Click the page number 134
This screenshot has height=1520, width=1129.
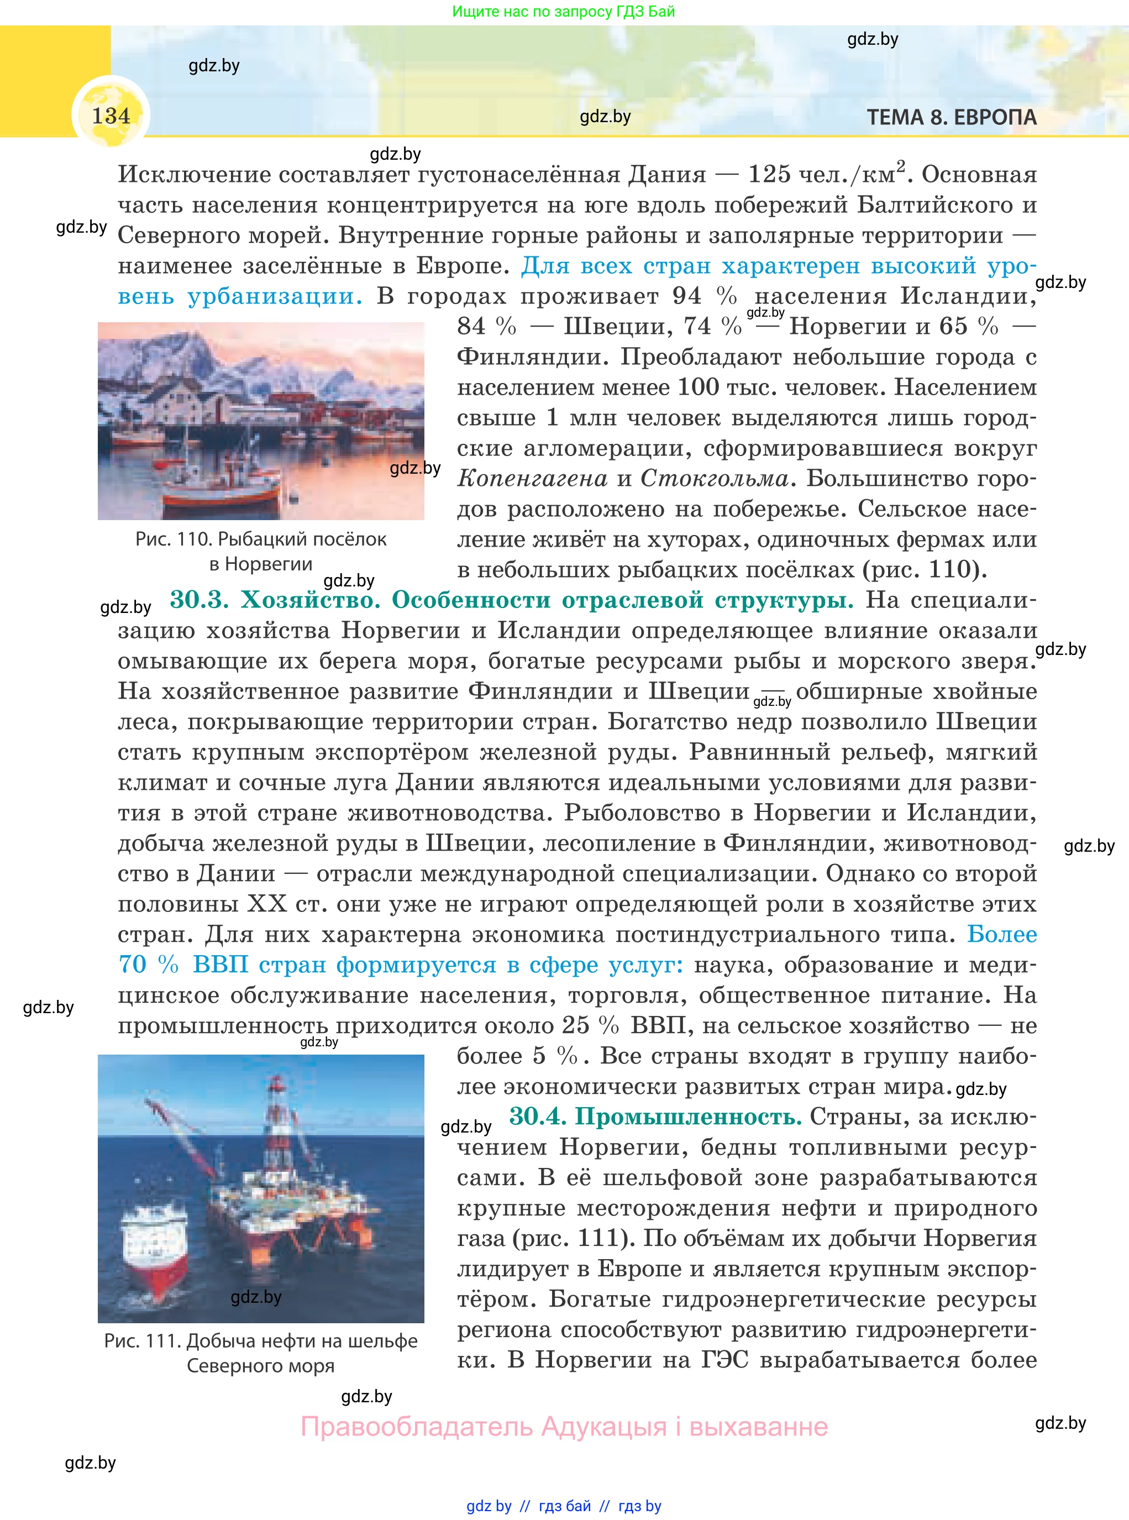[111, 116]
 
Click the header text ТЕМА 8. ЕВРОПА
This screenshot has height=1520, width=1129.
[951, 118]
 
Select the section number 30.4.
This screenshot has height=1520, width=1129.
[537, 1117]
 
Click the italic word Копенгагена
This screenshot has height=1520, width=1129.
[532, 479]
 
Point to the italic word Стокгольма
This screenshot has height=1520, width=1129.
[714, 479]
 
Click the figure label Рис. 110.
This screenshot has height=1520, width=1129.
[172, 539]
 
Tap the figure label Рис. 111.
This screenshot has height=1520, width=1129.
[142, 1341]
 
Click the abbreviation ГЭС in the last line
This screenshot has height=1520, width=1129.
[724, 1360]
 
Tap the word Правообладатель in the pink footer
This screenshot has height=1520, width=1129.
[416, 1427]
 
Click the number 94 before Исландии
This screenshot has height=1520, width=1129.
[686, 297]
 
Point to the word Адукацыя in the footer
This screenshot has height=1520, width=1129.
[603, 1427]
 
